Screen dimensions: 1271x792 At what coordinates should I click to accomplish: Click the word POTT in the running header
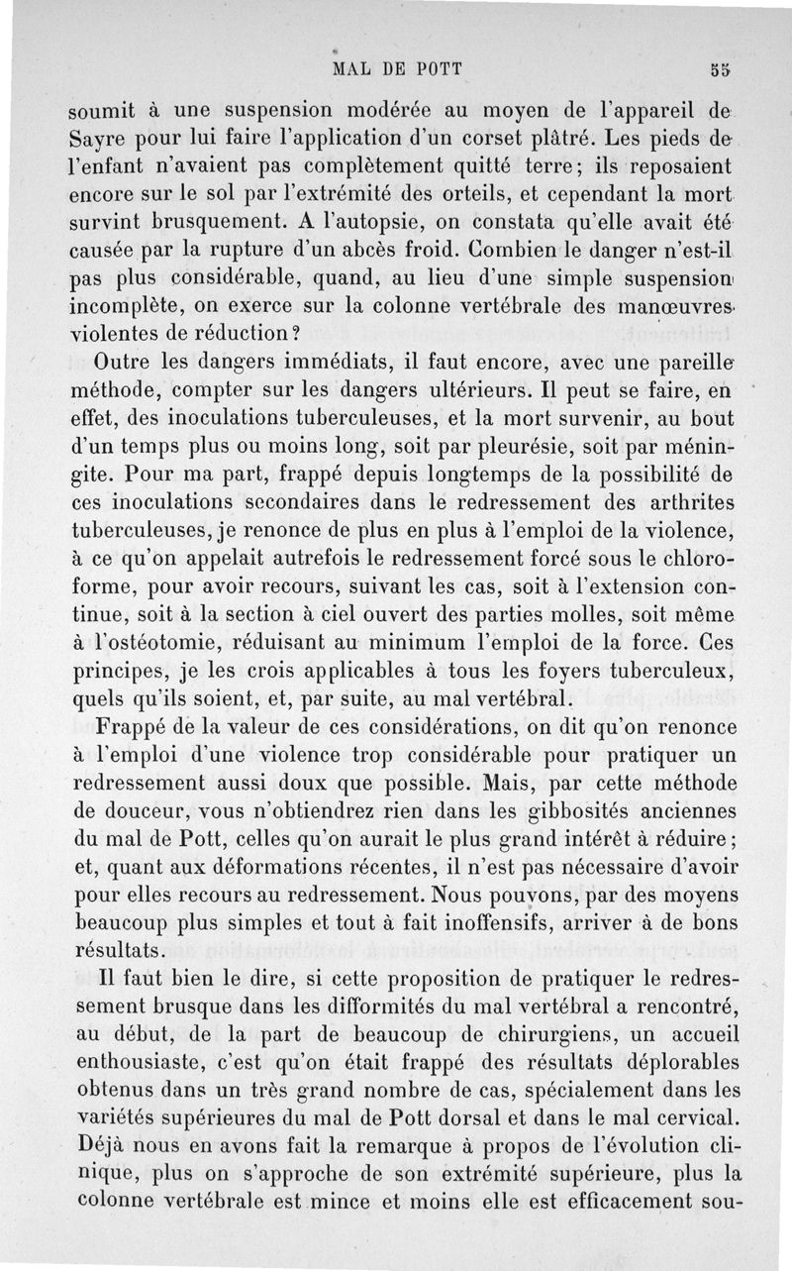[x=436, y=69]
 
